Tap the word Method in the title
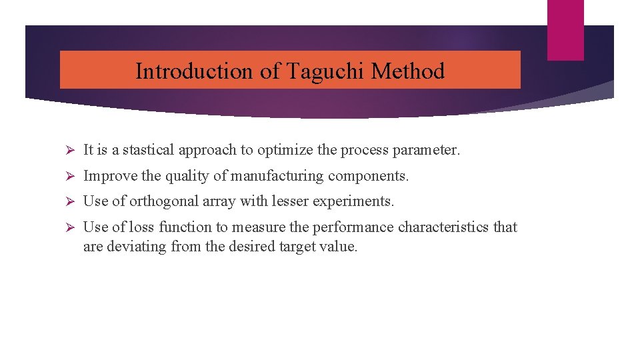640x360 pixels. point(408,71)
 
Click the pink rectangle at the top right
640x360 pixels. point(565,30)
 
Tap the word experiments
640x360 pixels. point(359,201)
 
